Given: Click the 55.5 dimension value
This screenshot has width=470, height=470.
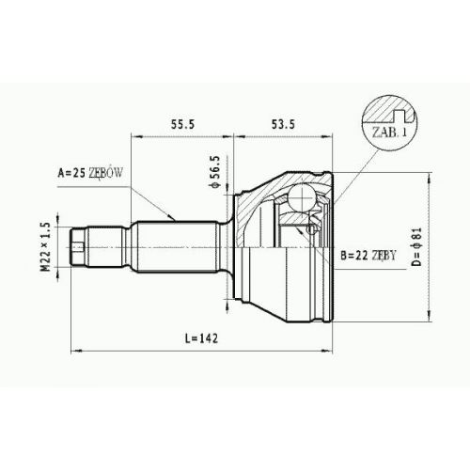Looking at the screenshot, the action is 182,124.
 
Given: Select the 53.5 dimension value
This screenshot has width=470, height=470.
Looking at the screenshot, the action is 283,124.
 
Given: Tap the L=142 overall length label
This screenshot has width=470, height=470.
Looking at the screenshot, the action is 201,338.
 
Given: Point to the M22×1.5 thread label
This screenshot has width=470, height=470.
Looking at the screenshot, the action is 45,246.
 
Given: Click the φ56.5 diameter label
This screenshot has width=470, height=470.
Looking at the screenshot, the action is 216,172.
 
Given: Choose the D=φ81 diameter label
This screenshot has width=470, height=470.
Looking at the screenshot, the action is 417,246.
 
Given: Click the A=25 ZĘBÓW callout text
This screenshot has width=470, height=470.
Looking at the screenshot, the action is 90,173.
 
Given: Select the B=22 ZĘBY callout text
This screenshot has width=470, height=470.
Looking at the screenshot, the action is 368,256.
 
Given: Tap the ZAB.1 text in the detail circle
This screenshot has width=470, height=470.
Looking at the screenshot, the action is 389,133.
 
